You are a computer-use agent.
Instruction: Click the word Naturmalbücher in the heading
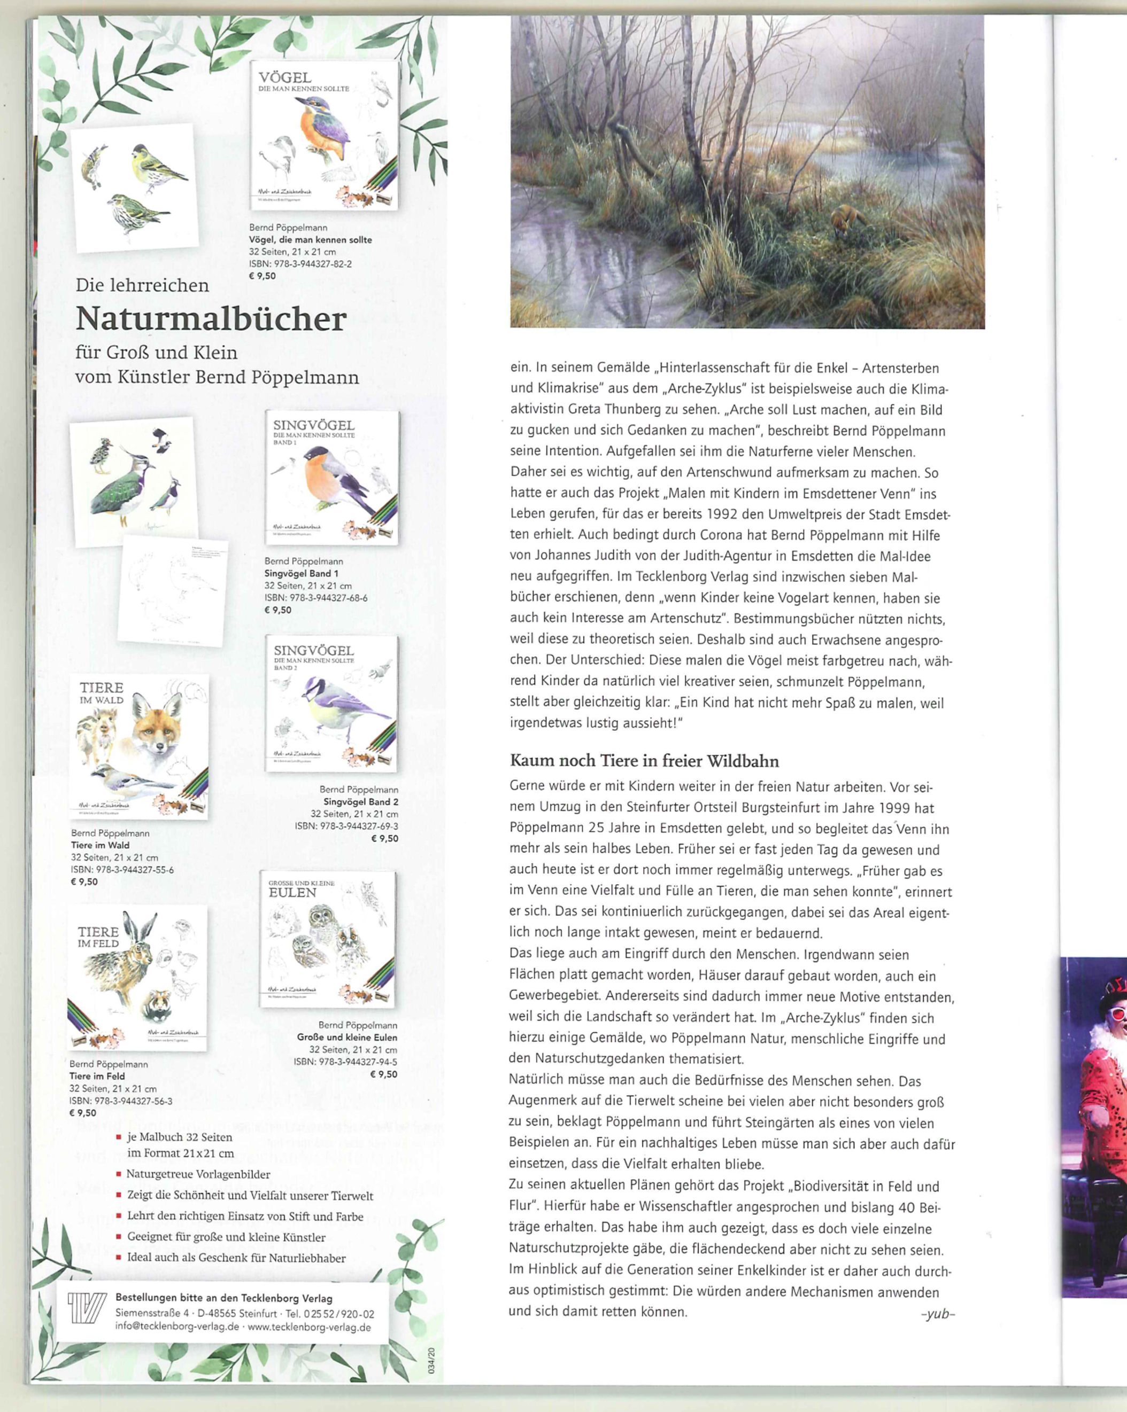coord(211,319)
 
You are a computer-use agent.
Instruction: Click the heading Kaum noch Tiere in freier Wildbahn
coord(644,761)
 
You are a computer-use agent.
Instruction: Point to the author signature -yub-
coord(938,1313)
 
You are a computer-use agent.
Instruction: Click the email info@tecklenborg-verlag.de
coord(177,1327)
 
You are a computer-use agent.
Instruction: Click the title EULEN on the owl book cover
coord(292,892)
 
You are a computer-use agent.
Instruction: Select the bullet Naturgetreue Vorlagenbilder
coord(198,1174)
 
